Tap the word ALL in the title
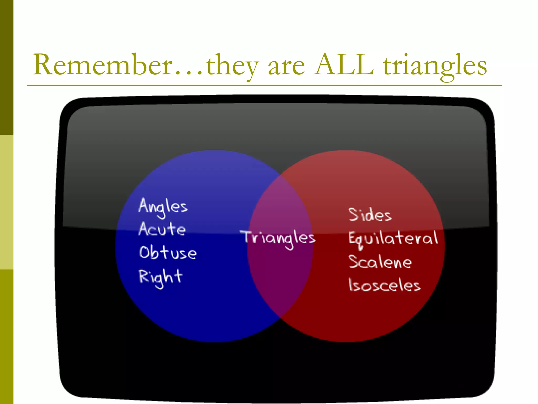pyautogui.click(x=344, y=65)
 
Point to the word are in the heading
pyautogui.click(x=286, y=67)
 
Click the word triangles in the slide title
pyautogui.click(x=435, y=66)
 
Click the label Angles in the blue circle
pyautogui.click(x=163, y=207)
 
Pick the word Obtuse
pyautogui.click(x=168, y=253)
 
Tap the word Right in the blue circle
pyautogui.click(x=161, y=278)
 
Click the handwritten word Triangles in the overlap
pyautogui.click(x=278, y=238)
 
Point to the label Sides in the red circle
pyautogui.click(x=370, y=214)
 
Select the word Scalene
pyautogui.click(x=380, y=262)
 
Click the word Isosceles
pyautogui.click(x=385, y=285)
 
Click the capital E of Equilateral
pyautogui.click(x=353, y=238)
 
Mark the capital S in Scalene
pyautogui.click(x=354, y=261)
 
